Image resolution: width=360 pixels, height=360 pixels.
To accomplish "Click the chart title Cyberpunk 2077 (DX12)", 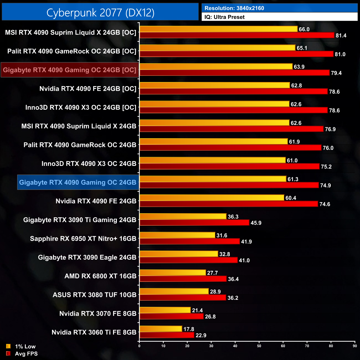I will (x=100, y=12).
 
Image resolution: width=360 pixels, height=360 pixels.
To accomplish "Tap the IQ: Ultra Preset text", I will (x=224, y=17).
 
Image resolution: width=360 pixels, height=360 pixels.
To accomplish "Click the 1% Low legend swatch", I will (x=8, y=346).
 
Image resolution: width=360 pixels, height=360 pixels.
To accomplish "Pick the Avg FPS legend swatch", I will (x=8, y=353).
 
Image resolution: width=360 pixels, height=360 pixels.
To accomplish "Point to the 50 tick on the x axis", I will (x=259, y=346).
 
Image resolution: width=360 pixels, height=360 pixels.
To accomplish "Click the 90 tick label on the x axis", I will (x=355, y=346).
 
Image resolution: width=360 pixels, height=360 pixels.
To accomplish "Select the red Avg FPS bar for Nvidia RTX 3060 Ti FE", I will (x=167, y=335).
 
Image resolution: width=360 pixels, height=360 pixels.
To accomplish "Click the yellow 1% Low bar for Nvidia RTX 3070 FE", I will (x=165, y=310).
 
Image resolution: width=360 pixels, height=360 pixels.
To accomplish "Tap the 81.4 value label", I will (x=341, y=35).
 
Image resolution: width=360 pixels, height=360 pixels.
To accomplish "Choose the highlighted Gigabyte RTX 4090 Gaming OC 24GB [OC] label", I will (x=70, y=70).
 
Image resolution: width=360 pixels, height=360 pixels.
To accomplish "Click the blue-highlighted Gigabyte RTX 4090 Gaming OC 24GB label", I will (x=78, y=182).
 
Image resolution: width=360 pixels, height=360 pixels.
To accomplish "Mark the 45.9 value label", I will (x=256, y=223).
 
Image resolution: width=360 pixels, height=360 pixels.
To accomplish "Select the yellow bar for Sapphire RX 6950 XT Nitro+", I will (x=178, y=235).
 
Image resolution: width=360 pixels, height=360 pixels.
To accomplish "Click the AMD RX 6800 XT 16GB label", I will (x=100, y=276).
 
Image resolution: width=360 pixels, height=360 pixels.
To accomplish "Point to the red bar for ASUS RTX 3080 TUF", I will (x=183, y=298).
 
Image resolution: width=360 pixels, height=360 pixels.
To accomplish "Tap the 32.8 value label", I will (x=225, y=254).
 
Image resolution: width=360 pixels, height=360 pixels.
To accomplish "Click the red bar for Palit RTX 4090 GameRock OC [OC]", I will (x=236, y=54).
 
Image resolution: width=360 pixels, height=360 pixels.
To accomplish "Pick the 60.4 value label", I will (x=291, y=198).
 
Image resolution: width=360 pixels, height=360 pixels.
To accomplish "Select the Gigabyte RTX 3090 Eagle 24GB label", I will (x=87, y=257).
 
